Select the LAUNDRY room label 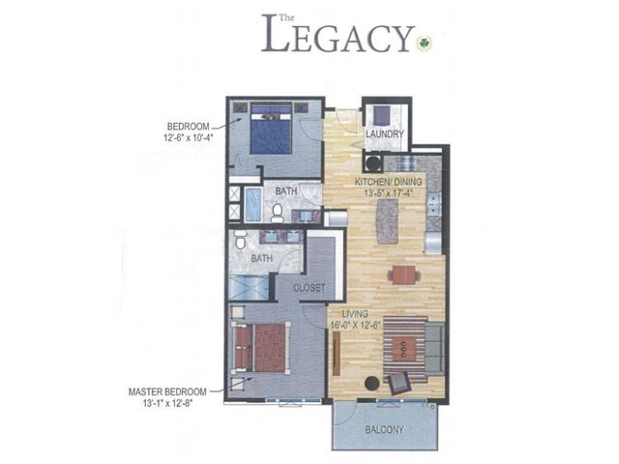384,134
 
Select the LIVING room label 344,314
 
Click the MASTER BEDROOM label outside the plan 165,391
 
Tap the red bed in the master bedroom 261,348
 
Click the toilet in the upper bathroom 278,210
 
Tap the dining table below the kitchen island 403,275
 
